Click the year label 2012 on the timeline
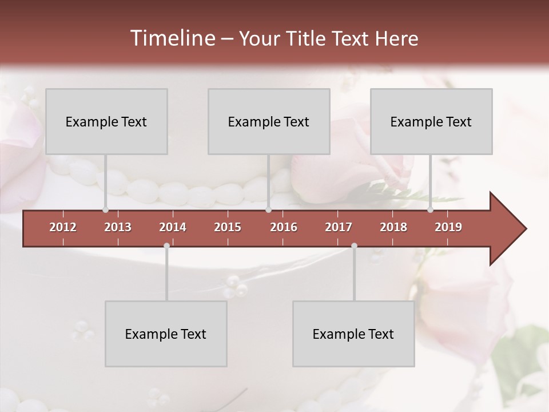point(63,227)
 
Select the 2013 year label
point(118,227)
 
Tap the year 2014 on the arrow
point(173,227)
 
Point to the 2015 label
point(228,227)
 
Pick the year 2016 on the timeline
point(284,227)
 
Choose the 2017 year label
point(339,227)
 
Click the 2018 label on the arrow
point(393,227)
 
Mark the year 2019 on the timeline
point(448,227)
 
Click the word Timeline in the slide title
point(172,38)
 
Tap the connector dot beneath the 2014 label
point(166,246)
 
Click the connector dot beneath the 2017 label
point(354,246)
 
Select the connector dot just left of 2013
point(105,210)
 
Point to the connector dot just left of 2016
point(268,210)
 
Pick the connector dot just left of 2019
point(431,210)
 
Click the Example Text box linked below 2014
point(166,334)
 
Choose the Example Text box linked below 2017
point(353,334)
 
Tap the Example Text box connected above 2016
point(269,121)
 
